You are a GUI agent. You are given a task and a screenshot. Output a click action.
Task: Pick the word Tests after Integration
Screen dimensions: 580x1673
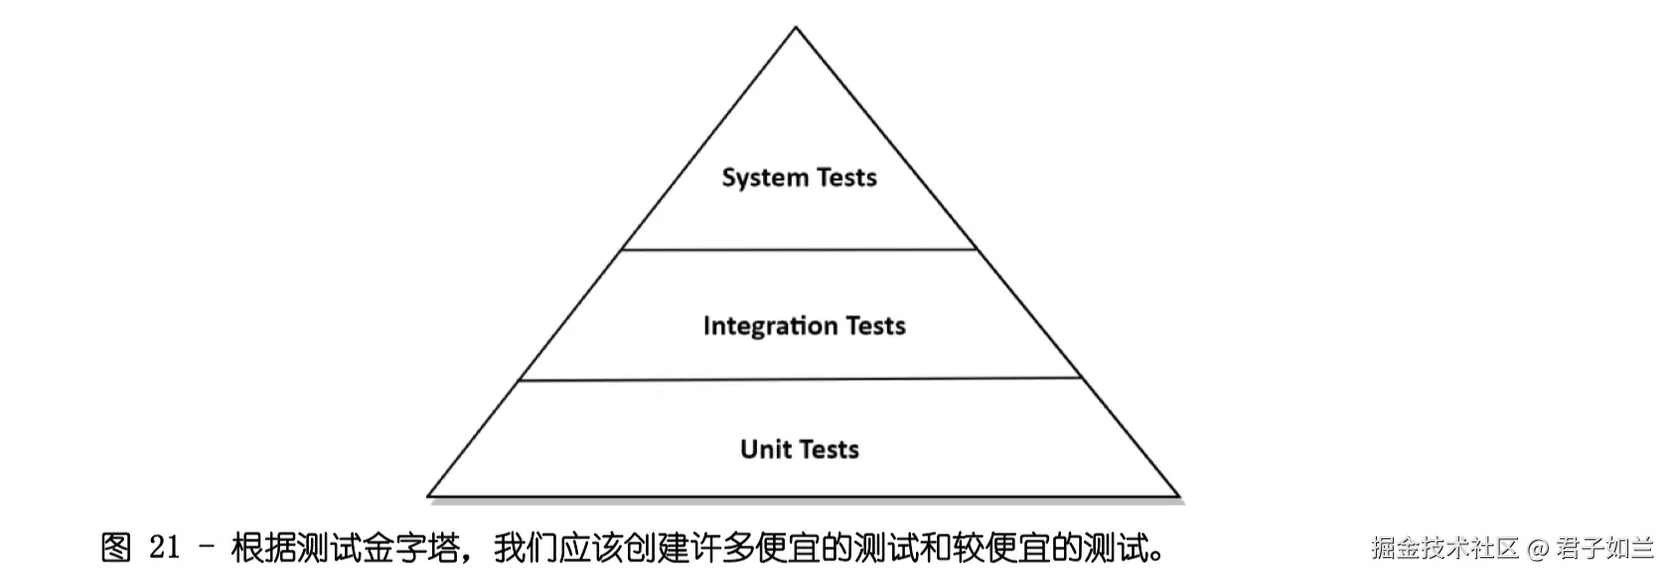[875, 326]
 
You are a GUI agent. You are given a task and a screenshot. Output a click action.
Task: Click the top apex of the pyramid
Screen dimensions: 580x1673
[796, 28]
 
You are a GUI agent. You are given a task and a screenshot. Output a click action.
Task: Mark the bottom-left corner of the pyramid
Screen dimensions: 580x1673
[429, 495]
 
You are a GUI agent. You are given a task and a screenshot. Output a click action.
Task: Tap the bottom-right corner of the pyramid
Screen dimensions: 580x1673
[1178, 495]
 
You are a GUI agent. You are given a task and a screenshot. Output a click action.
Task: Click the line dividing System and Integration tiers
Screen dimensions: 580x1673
[799, 249]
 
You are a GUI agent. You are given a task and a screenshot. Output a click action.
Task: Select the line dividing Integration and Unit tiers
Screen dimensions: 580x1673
[799, 379]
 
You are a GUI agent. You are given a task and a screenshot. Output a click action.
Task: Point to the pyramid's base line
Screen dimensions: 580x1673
[803, 495]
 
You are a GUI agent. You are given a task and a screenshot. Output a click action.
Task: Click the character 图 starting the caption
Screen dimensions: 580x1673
[116, 548]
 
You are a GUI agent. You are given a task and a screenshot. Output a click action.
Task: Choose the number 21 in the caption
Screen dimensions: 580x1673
[164, 548]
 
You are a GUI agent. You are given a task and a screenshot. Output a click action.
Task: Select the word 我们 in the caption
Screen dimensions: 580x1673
[526, 548]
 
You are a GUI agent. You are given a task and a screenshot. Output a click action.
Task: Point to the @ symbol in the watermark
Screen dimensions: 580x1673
[1538, 548]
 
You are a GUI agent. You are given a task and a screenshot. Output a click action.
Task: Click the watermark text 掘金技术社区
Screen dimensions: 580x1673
[1445, 548]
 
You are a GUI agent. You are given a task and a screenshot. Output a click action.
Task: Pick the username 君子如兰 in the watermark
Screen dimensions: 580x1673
[1604, 548]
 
